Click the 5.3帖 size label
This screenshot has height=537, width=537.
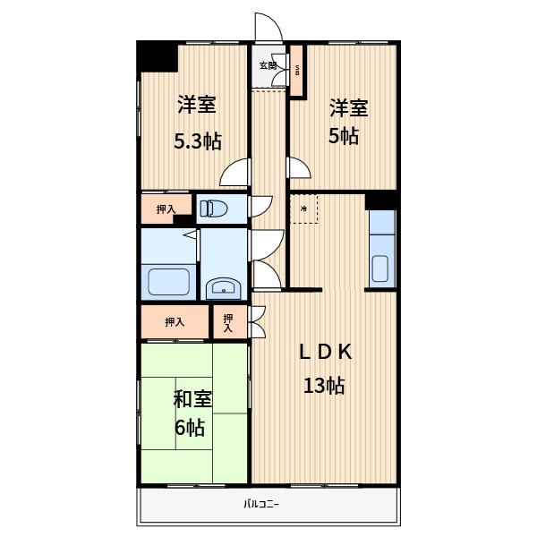pyautogui.click(x=196, y=141)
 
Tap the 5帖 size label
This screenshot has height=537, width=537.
pyautogui.click(x=344, y=137)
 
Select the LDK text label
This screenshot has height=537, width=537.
pyautogui.click(x=326, y=352)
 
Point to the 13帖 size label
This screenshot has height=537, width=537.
pyautogui.click(x=323, y=387)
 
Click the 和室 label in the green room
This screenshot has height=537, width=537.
pyautogui.click(x=193, y=397)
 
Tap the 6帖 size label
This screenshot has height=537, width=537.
pyautogui.click(x=191, y=428)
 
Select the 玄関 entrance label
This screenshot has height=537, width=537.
pyautogui.click(x=268, y=65)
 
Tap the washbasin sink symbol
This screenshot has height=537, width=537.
pyautogui.click(x=223, y=287)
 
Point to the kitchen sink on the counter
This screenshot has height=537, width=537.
pyautogui.click(x=379, y=268)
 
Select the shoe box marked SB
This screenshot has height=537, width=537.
pyautogui.click(x=298, y=71)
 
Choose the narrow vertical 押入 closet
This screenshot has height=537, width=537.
pyautogui.click(x=228, y=322)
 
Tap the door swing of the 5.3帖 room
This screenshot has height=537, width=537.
pyautogui.click(x=234, y=171)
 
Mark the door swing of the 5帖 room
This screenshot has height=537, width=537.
pyautogui.click(x=298, y=167)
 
